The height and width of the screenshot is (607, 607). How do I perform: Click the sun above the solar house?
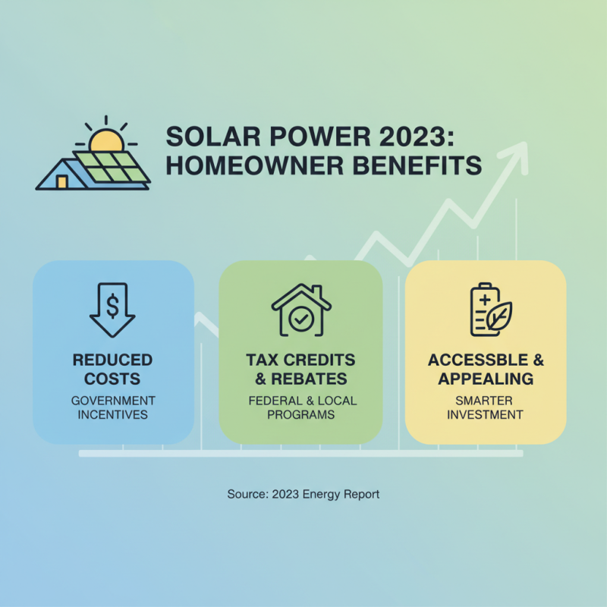coord(105,140)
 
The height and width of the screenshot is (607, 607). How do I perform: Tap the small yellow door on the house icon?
coord(61,182)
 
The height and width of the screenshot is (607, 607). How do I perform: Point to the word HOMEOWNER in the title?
coord(250,165)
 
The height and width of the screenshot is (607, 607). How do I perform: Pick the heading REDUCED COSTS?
coord(112,369)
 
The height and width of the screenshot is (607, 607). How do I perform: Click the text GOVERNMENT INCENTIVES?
coord(112,407)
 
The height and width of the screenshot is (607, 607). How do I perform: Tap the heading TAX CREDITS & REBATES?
coord(300,369)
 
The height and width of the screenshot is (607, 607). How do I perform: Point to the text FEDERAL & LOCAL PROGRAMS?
coord(300,407)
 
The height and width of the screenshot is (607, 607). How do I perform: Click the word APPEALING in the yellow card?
coord(486,379)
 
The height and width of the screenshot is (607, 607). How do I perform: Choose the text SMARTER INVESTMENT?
coord(486,407)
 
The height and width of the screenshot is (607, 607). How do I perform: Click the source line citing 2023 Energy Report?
coord(303,494)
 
